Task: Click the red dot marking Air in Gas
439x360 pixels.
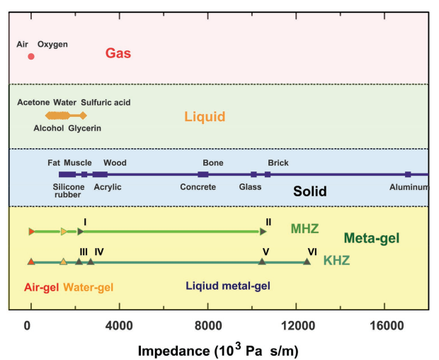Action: (x=30, y=57)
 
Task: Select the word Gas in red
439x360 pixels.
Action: (x=118, y=53)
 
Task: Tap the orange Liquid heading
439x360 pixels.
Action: (x=204, y=116)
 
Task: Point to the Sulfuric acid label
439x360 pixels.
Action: (x=106, y=103)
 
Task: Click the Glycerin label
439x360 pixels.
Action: (x=85, y=128)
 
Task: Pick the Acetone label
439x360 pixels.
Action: (x=33, y=103)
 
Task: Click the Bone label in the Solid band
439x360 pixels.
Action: (x=213, y=163)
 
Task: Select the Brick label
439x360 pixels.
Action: (x=278, y=163)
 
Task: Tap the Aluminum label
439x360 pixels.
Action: (x=409, y=187)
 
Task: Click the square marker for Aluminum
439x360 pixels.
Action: (x=408, y=174)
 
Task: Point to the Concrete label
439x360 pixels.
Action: (x=198, y=187)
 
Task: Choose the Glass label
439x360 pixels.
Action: (x=250, y=187)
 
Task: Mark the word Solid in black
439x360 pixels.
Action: (x=311, y=192)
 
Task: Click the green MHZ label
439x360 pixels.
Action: (x=304, y=229)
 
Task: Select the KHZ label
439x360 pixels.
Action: (x=336, y=261)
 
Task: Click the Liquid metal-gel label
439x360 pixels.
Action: (x=228, y=286)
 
